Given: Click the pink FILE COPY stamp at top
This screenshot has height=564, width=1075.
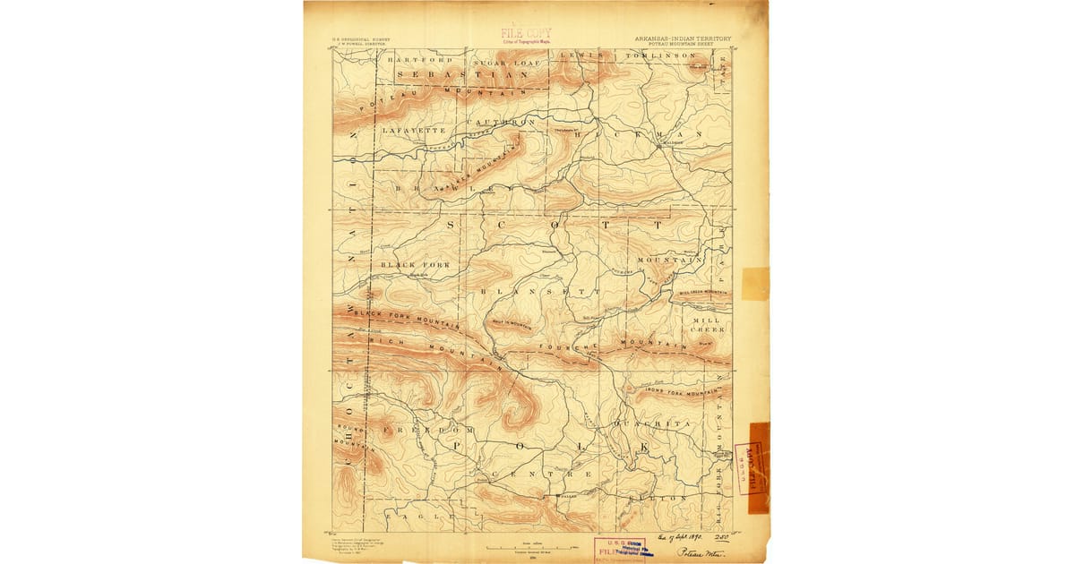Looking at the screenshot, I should click(x=526, y=35).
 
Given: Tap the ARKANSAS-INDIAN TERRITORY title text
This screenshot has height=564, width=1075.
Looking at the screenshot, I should click(x=682, y=38).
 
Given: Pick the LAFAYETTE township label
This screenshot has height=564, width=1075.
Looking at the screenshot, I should click(x=408, y=131).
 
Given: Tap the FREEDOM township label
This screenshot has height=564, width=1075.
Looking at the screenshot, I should click(x=415, y=431).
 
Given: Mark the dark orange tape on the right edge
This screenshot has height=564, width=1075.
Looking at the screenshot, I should click(x=758, y=468).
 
